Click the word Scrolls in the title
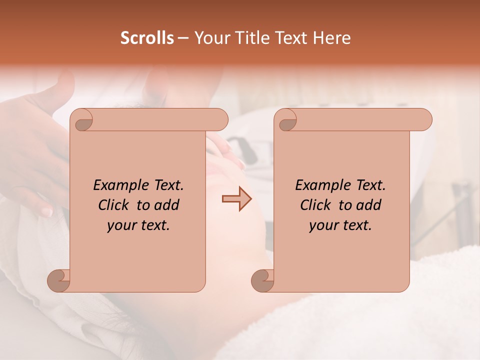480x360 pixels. click(147, 38)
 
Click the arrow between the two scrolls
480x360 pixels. click(237, 199)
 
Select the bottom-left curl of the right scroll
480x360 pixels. click(263, 281)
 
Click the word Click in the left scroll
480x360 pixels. click(113, 205)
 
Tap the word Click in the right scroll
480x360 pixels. click(315, 205)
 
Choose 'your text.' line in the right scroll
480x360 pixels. click(340, 225)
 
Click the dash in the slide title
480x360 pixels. click(183, 38)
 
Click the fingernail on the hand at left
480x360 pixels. click(47, 211)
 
